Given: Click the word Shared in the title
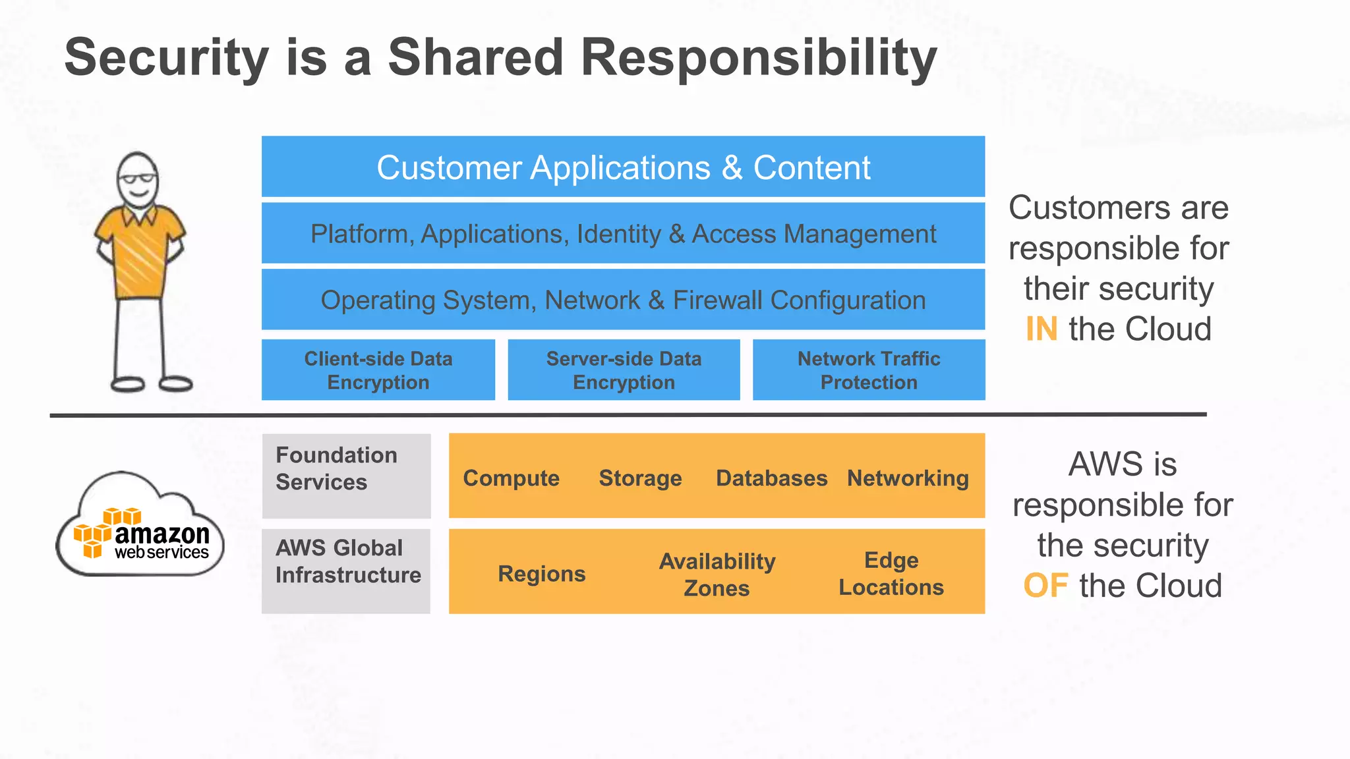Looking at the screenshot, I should [475, 58].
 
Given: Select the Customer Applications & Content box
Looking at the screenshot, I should [623, 167].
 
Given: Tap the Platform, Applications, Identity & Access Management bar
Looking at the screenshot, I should [623, 234].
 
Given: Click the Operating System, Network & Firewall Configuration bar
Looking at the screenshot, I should [623, 300].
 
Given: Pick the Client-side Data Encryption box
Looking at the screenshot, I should [378, 370].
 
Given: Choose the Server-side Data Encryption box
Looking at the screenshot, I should [624, 370].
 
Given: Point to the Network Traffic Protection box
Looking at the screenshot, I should [869, 370].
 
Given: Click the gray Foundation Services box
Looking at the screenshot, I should [346, 475].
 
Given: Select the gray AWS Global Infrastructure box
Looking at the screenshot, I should [346, 571].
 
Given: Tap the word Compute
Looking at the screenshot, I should [511, 478].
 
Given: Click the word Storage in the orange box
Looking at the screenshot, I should [640, 478].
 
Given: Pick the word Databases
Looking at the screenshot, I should [771, 478].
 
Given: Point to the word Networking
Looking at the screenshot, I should [908, 478].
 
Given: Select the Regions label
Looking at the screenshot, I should [541, 574].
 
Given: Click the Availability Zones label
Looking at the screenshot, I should [717, 574].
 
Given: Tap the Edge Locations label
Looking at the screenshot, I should [891, 573].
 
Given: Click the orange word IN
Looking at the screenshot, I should [1042, 329].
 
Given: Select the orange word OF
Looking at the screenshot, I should [1045, 585].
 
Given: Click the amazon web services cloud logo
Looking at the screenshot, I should [140, 527].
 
